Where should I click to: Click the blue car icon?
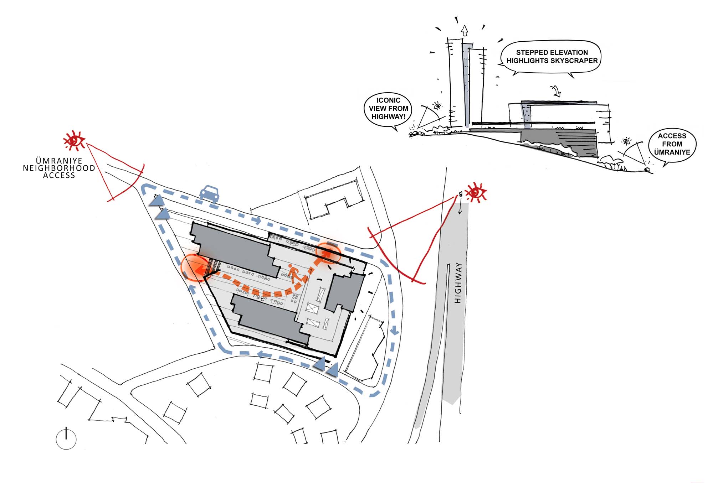click(209, 193)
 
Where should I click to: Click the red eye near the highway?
click(476, 193)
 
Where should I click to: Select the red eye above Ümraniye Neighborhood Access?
click(74, 140)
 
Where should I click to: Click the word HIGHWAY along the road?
click(458, 283)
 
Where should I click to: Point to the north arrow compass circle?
click(66, 439)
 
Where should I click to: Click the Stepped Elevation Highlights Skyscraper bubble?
click(552, 57)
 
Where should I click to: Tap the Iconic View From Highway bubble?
click(388, 109)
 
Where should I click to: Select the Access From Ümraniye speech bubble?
click(672, 144)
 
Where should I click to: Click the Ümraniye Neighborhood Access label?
click(59, 168)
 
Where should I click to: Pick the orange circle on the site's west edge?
click(194, 268)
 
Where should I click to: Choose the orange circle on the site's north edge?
click(328, 253)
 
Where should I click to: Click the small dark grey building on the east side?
click(345, 292)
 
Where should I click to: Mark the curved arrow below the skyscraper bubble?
click(556, 91)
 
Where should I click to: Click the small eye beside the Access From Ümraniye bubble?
click(626, 141)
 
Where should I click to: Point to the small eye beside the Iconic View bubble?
click(437, 105)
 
